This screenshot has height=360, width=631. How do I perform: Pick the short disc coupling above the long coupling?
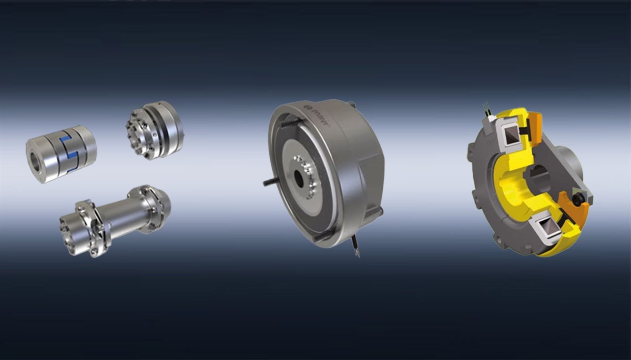tap(154, 130)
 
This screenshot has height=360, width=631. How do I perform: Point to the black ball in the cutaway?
tap(578, 200)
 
